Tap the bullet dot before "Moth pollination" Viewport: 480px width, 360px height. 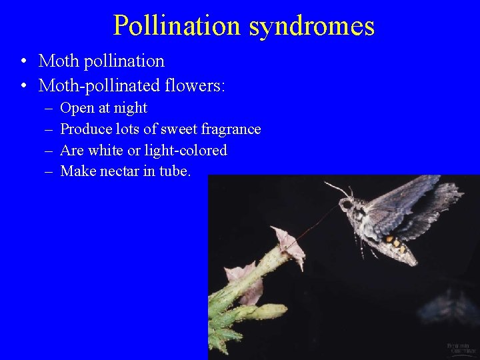pyautogui.click(x=23, y=62)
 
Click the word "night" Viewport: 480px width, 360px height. pyautogui.click(x=131, y=108)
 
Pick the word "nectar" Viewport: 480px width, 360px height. pyautogui.click(x=123, y=171)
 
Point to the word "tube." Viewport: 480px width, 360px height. pyautogui.click(x=174, y=171)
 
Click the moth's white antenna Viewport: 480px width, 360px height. pyautogui.click(x=337, y=187)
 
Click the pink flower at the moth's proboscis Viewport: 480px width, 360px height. pyautogui.click(x=291, y=246)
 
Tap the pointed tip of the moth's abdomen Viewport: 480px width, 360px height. pyautogui.click(x=415, y=261)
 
